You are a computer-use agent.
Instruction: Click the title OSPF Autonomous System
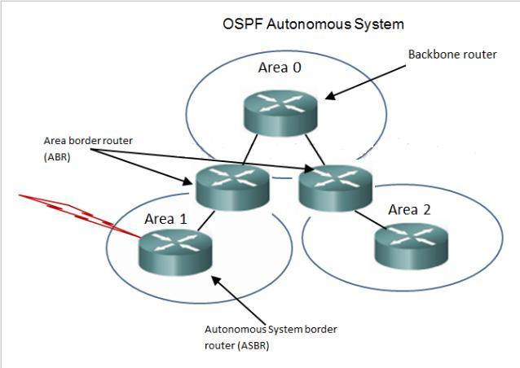tap(313, 24)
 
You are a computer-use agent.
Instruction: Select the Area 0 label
tap(280, 68)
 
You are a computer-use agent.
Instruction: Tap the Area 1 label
tap(165, 219)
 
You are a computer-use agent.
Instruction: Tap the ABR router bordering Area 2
tap(335, 188)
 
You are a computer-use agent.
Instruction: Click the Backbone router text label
tap(451, 55)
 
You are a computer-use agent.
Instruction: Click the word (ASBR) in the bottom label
tap(251, 345)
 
